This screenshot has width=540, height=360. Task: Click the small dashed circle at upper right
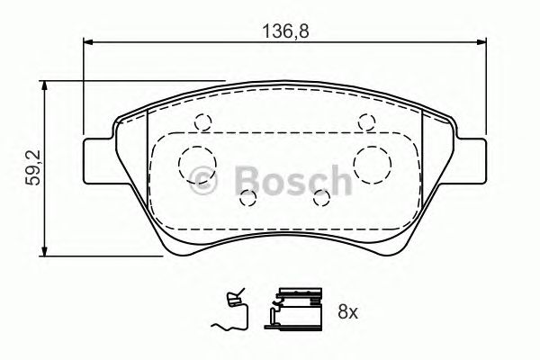[364, 122]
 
